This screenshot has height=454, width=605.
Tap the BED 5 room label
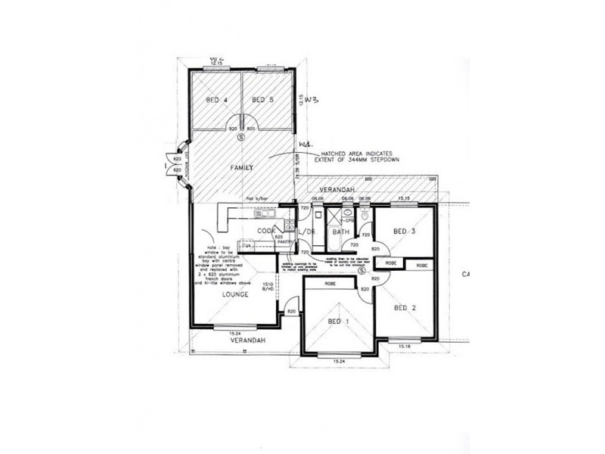[x=262, y=100]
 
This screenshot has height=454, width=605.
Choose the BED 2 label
[x=405, y=308]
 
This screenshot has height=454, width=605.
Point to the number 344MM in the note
[x=353, y=161]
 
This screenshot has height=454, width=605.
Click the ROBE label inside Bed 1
[x=330, y=283]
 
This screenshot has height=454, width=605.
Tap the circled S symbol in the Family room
[x=240, y=138]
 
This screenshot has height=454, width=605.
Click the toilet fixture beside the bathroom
[x=365, y=216]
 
